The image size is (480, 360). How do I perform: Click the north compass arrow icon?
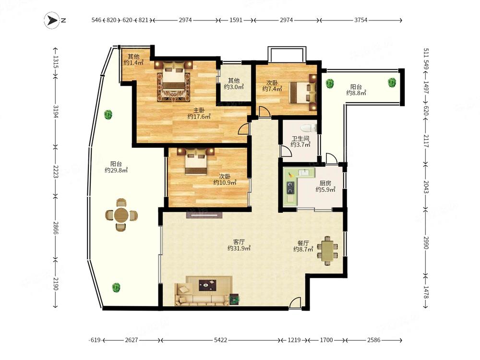pyautogui.click(x=51, y=21)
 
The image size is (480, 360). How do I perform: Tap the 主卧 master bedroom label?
pyautogui.click(x=199, y=110)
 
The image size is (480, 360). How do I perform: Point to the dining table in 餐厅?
pyautogui.click(x=327, y=251)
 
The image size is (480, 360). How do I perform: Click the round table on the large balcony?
pyautogui.click(x=121, y=215)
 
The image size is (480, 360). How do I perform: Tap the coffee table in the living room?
pyautogui.click(x=207, y=285)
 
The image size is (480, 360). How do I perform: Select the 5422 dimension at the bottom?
pyautogui.click(x=220, y=340)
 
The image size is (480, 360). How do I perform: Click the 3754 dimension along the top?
pyautogui.click(x=360, y=20)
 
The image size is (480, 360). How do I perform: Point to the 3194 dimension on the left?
pyautogui.click(x=55, y=111)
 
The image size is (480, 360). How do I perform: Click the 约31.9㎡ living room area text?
pyautogui.click(x=239, y=248)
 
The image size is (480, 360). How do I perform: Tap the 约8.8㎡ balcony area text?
pyautogui.click(x=356, y=93)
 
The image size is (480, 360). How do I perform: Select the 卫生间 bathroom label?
pyautogui.click(x=300, y=138)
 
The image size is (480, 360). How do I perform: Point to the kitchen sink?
pyautogui.click(x=304, y=172)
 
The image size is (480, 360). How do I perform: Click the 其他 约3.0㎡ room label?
pyautogui.click(x=234, y=84)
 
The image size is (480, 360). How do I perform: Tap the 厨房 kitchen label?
pyautogui.click(x=325, y=183)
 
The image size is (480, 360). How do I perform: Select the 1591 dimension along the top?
pyautogui.click(x=236, y=20)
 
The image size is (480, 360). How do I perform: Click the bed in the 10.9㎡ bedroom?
pyautogui.click(x=196, y=161)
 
